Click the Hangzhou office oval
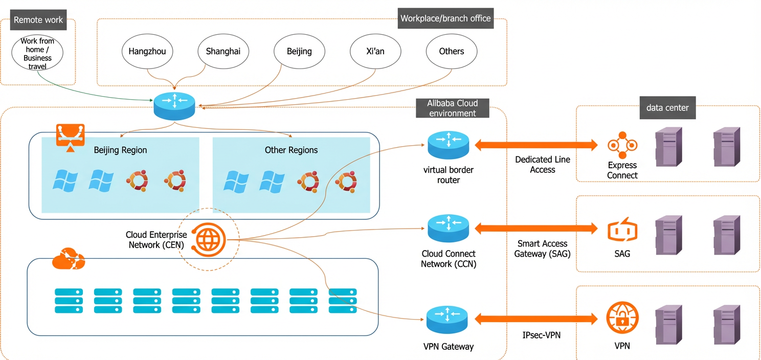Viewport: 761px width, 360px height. click(x=147, y=51)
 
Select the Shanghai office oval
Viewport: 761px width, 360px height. click(x=223, y=51)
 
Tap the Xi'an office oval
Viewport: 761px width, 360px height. click(x=375, y=51)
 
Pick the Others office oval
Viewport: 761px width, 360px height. click(x=452, y=51)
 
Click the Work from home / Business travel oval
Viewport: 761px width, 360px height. click(x=37, y=53)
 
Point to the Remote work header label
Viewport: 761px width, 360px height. click(x=38, y=20)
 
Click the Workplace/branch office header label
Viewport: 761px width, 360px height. click(x=446, y=18)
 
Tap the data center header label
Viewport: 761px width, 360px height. click(x=667, y=108)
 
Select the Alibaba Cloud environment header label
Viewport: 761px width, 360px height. click(x=453, y=108)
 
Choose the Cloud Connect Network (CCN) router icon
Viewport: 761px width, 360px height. click(x=449, y=228)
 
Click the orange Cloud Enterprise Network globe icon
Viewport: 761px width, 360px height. click(x=209, y=239)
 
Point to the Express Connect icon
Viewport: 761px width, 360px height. click(x=622, y=145)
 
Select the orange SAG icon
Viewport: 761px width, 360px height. click(x=622, y=230)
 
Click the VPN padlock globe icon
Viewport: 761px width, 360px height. click(x=622, y=318)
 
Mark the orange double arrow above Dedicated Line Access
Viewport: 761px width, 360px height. click(x=536, y=145)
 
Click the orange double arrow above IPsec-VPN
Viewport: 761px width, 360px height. click(x=536, y=319)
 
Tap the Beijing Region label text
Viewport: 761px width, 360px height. click(x=120, y=150)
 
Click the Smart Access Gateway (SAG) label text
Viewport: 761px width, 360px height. click(x=542, y=249)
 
